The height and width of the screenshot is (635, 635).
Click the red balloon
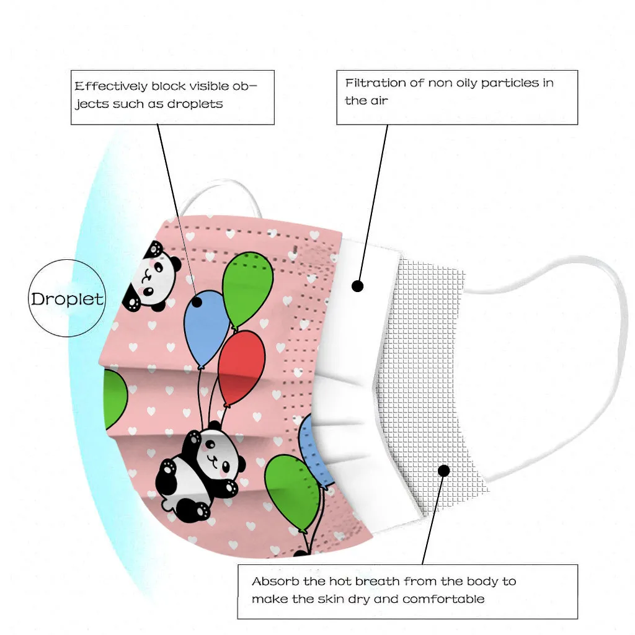(x=242, y=366)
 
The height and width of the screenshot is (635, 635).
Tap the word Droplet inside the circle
(x=68, y=299)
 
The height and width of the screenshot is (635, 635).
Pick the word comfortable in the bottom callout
(x=443, y=599)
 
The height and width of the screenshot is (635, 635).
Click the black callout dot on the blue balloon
(x=198, y=302)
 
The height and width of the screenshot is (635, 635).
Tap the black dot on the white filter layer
(x=357, y=286)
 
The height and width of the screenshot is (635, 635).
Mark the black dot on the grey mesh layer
(x=443, y=471)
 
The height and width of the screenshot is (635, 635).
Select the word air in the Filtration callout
(x=378, y=100)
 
